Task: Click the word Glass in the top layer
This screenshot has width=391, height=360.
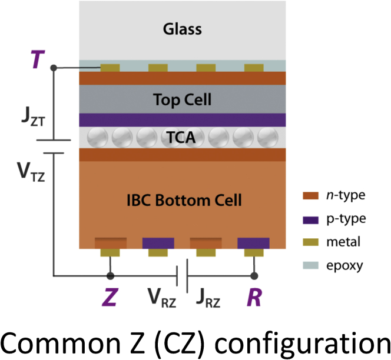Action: coord(182,29)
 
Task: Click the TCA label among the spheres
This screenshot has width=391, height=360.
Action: coord(182,138)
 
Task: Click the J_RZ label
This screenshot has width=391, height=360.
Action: coord(208,298)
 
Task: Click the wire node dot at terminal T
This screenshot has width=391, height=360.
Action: coord(54,68)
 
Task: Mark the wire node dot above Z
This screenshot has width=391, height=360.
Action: coord(110,275)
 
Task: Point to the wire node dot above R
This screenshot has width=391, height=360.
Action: coord(254,275)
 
